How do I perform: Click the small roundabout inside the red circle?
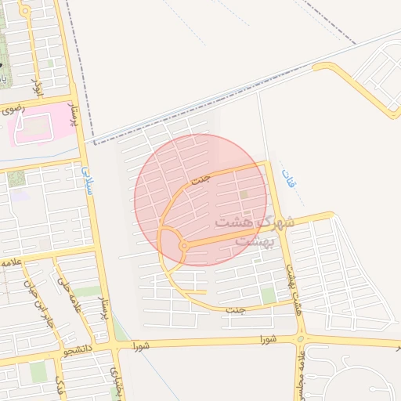pos(183,246)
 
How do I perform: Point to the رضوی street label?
pos(14,109)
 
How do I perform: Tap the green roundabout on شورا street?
pos(301,340)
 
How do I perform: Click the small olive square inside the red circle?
pos(243,194)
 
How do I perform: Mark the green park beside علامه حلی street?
pos(86,292)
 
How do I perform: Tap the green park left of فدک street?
pos(38,371)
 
